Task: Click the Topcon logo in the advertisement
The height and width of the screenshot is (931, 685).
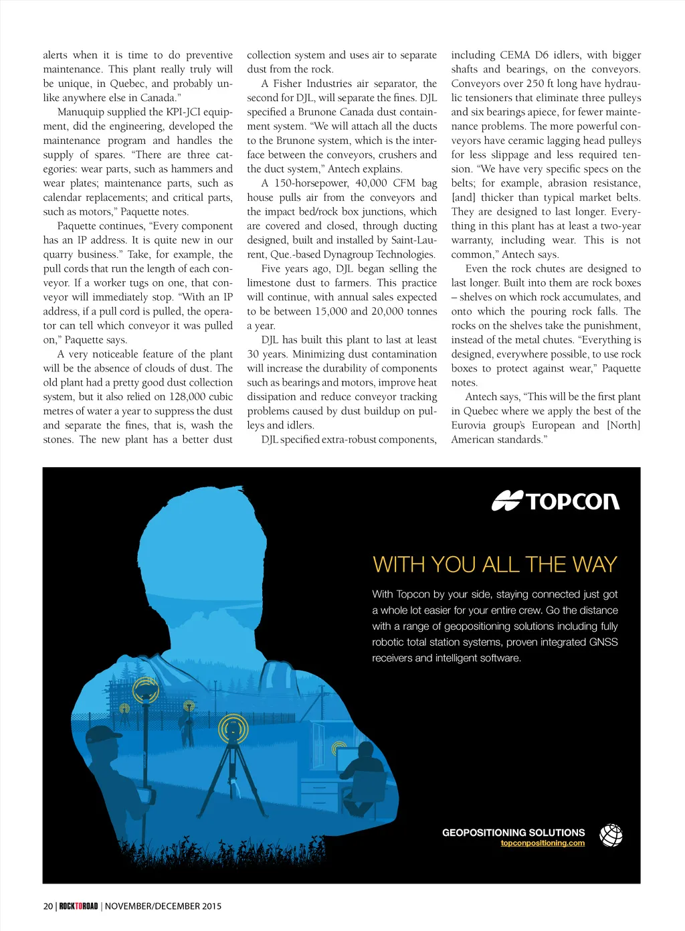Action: coord(555,501)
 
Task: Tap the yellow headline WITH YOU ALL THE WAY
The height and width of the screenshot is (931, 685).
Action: coord(494,564)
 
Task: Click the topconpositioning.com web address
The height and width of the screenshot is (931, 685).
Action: coord(543,843)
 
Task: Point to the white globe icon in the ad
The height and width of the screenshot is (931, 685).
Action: coord(611,835)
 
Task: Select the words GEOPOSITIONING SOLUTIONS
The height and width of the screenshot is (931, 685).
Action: coord(513,833)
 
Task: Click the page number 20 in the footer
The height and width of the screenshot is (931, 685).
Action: coord(48,906)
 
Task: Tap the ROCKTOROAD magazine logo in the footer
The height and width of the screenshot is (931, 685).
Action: coord(78,906)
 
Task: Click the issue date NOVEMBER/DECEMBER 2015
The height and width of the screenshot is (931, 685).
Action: coord(163,906)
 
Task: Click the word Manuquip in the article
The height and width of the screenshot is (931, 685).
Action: coord(83,112)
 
